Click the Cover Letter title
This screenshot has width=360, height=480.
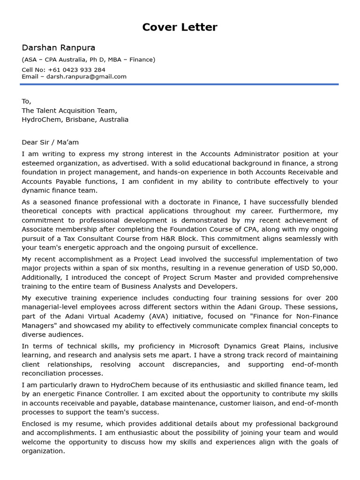point(180,27)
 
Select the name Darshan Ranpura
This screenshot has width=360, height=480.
point(58,48)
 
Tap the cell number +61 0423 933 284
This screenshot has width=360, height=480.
point(76,70)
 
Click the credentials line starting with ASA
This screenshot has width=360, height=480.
point(88,60)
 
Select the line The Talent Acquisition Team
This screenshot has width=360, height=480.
point(69,111)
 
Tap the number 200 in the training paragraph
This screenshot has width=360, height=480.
point(331,298)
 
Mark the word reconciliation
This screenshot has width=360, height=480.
point(45,374)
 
